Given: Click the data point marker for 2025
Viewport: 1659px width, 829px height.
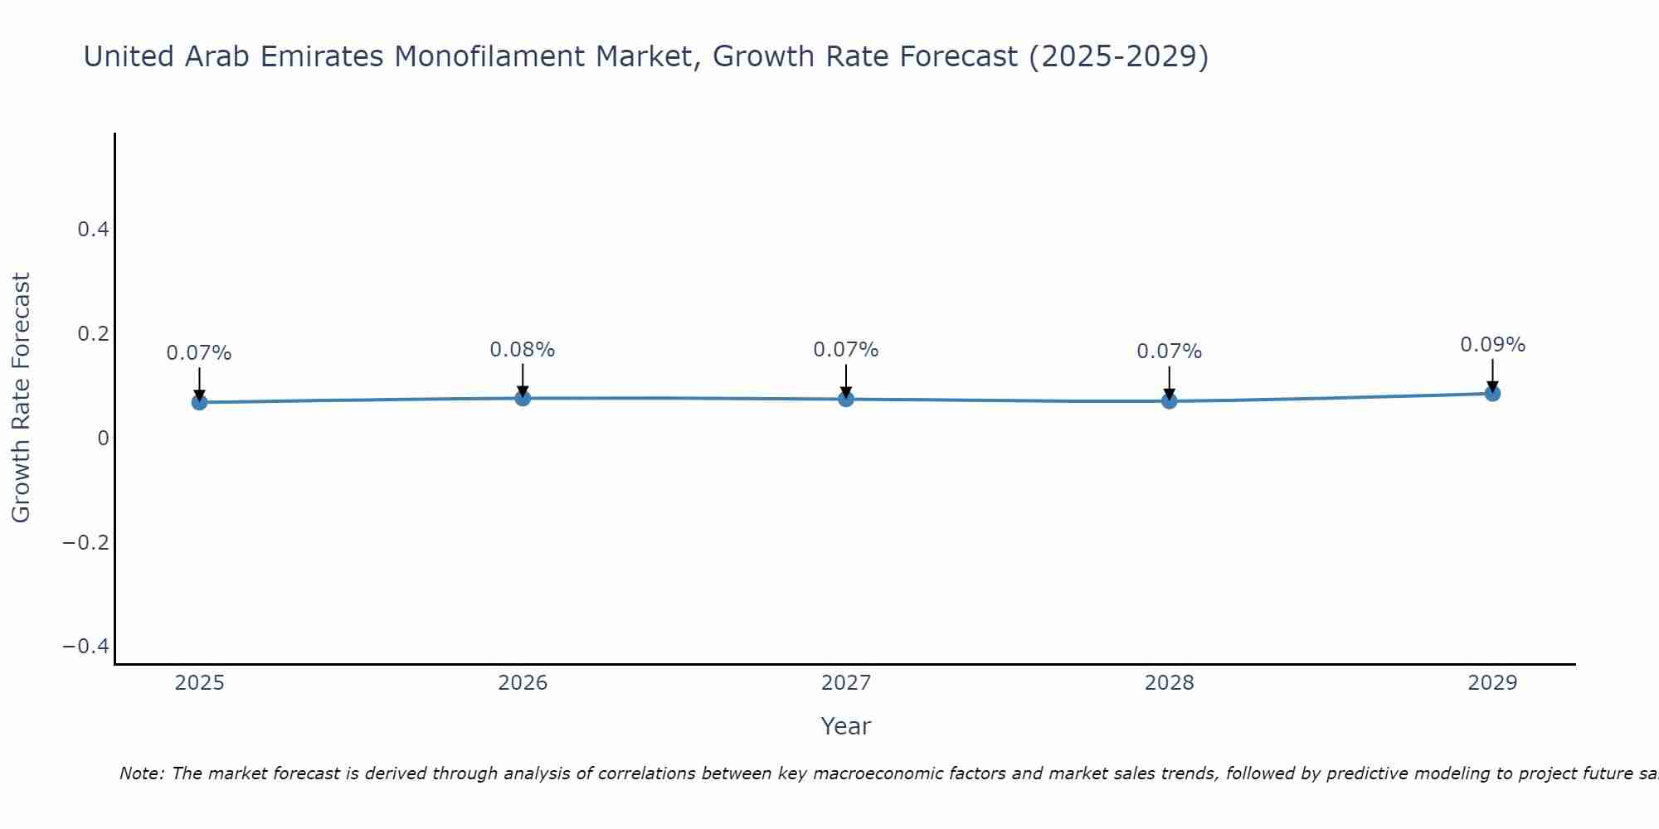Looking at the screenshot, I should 199,402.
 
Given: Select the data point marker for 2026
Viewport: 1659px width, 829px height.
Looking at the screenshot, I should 523,398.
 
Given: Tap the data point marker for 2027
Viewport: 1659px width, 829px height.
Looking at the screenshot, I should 846,399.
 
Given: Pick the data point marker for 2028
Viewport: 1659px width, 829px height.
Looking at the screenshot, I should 1169,401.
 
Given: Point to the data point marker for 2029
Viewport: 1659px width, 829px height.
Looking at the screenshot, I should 1492,393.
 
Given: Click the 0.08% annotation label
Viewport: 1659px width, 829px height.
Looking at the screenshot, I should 522,350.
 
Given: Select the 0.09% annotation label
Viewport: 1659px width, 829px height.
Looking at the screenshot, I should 1492,345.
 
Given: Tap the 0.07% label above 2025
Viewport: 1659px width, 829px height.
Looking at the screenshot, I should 199,353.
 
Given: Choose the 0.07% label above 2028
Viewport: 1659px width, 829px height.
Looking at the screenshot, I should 1169,351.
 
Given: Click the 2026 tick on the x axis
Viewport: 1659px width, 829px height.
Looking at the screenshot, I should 523,683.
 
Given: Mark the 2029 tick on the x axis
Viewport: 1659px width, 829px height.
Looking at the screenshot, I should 1492,683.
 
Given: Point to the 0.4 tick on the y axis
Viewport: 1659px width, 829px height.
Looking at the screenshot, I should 93,230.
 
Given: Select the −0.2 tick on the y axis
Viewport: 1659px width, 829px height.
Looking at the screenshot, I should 86,542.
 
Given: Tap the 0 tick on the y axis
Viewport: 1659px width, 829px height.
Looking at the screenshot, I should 103,438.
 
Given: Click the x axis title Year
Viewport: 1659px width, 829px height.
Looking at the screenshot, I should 845,726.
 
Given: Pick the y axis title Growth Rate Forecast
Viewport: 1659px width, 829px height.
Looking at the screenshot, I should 21,398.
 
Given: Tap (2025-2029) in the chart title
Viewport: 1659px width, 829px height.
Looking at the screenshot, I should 1117,56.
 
